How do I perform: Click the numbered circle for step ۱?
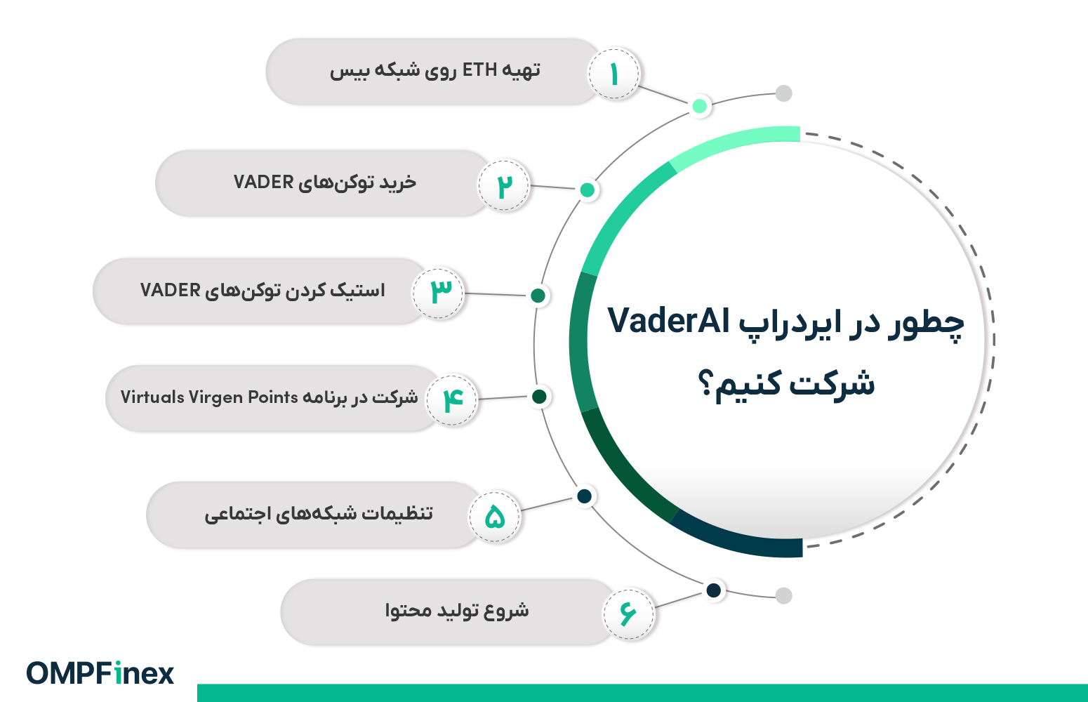614,74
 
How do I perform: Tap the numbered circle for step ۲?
504,185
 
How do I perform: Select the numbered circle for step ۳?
438,293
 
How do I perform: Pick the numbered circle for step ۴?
452,400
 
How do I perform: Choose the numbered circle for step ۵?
494,517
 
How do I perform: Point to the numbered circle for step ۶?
628,614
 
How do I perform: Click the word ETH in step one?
479,70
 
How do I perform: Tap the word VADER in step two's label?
263,183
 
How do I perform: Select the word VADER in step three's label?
170,290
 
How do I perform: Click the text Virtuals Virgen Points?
209,397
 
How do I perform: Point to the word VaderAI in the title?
669,321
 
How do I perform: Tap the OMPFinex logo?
100,673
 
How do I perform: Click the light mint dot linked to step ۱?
699,105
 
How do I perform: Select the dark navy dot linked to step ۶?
713,590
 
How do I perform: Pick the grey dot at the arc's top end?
783,93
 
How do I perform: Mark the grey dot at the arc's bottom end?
783,595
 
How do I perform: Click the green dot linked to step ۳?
538,296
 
